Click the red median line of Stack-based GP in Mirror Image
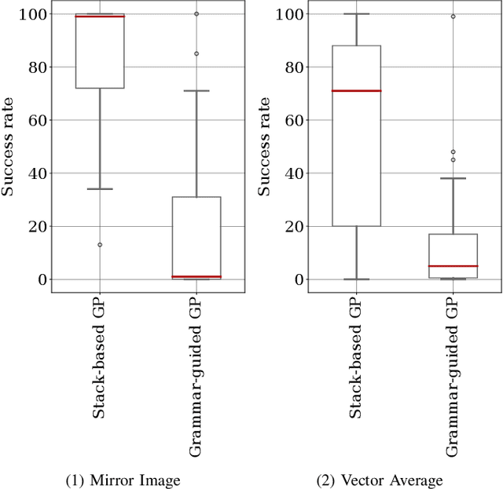[x=100, y=16]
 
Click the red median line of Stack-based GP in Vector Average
[x=356, y=91]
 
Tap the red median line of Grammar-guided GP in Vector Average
[x=453, y=266]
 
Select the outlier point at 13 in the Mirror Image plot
[x=100, y=245]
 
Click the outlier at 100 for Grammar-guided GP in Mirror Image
[x=196, y=14]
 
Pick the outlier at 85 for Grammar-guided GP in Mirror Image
[x=196, y=53]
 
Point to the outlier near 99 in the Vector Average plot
[x=453, y=16]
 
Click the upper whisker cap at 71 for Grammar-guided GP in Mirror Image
[x=196, y=91]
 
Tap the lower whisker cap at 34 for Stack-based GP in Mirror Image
[x=100, y=189]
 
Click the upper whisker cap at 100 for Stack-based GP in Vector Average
[x=356, y=14]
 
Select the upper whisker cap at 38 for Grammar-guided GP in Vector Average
[x=453, y=178]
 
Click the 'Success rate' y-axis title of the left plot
[x=9, y=147]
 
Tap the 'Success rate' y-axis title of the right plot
[x=265, y=147]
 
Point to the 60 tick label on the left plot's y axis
[x=36, y=120]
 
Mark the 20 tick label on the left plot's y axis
[x=36, y=226]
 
